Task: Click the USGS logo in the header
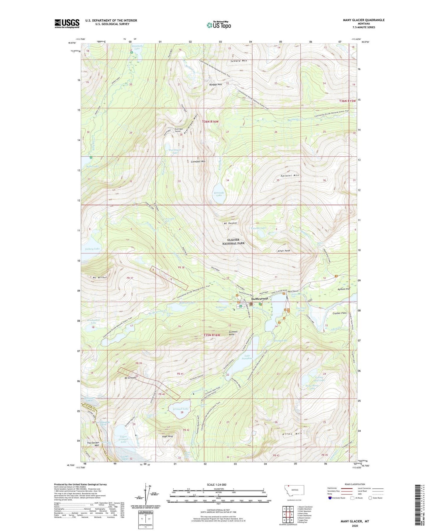pos(67,23)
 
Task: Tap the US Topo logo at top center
pos(219,25)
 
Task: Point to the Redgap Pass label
pos(215,84)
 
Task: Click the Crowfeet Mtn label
pos(198,161)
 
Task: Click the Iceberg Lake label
pos(92,249)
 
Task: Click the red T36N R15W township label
pos(347,101)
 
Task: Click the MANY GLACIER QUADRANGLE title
pos(363,20)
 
